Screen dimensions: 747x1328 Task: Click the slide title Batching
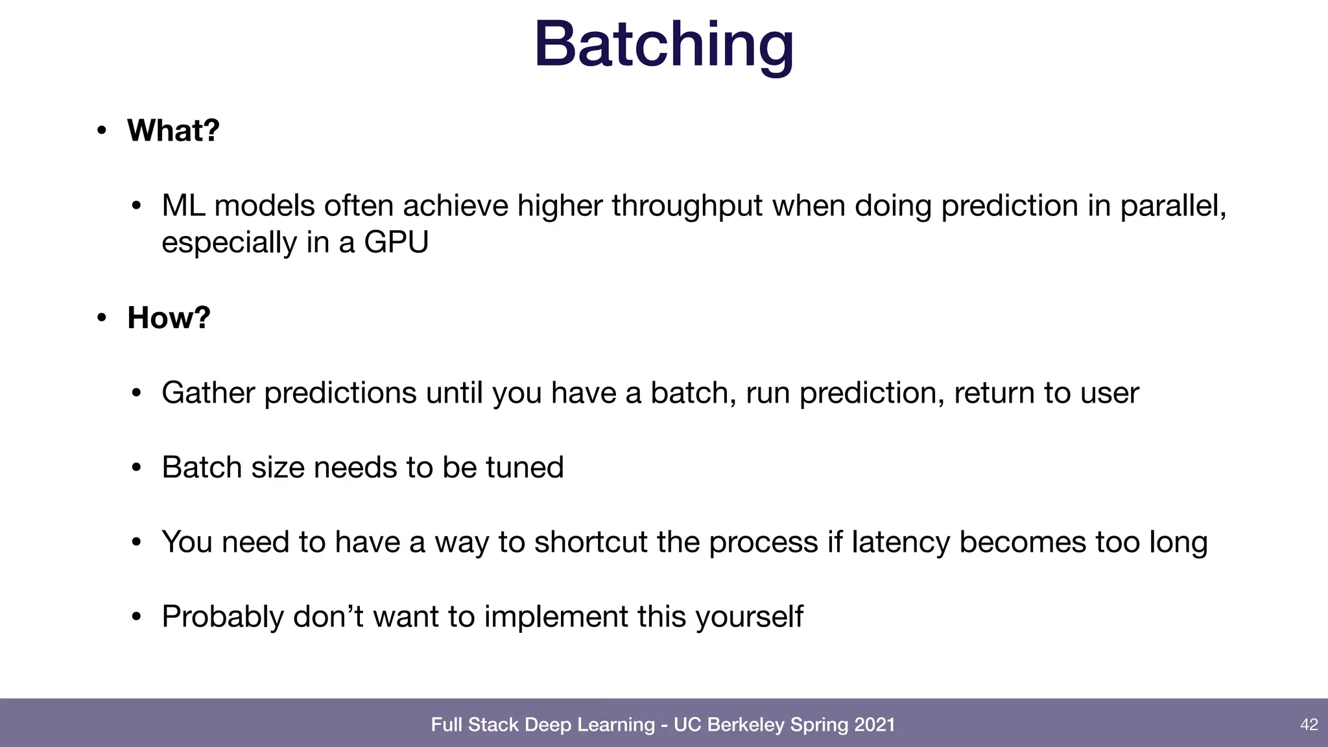[x=663, y=44]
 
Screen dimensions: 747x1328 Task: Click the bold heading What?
[x=173, y=130]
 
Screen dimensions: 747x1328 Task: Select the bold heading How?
[x=169, y=318]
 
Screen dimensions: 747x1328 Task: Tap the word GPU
[x=396, y=243]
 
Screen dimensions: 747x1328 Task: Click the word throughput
[x=687, y=206]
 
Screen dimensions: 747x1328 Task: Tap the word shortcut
[x=590, y=542]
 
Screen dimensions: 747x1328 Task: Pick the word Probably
[x=222, y=617]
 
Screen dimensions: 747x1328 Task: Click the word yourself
[x=749, y=617]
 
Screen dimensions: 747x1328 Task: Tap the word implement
[x=556, y=617]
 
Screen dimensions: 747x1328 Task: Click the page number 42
[x=1309, y=724]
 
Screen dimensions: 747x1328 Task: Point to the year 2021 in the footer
[x=874, y=724]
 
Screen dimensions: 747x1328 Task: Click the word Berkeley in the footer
[x=746, y=724]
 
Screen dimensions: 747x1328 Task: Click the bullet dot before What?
[x=101, y=131]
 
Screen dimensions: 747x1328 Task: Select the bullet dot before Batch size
[x=136, y=468]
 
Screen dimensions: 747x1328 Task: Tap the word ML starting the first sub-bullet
[x=183, y=206]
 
